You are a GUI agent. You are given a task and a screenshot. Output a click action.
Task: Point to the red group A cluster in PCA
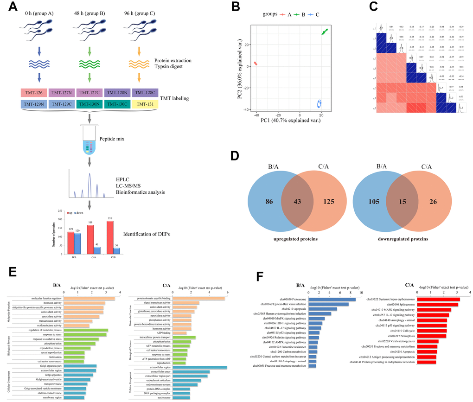pyautogui.click(x=256, y=64)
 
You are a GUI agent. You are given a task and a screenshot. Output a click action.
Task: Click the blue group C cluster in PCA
pyautogui.click(x=319, y=104)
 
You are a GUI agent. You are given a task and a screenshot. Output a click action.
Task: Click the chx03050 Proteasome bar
pyautogui.click(x=332, y=299)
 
